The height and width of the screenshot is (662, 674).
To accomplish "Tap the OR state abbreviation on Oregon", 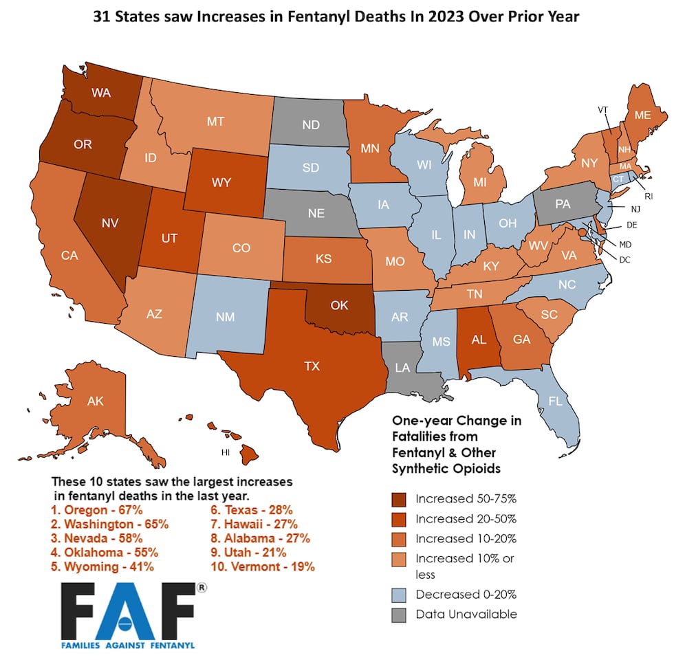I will click(83, 144).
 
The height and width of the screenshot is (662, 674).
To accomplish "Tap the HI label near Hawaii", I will click(224, 453).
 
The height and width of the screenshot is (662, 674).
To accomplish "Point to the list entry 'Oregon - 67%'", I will click(97, 510).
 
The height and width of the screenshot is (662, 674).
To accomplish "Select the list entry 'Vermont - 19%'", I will click(262, 566).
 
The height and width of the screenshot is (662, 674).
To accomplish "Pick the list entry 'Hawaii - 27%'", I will click(254, 525).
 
